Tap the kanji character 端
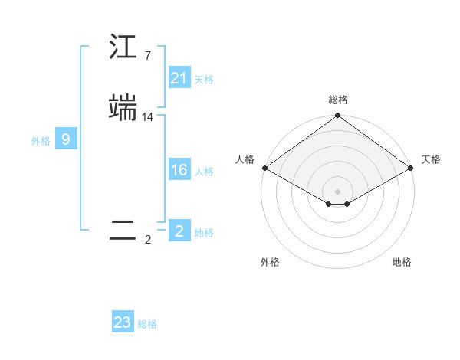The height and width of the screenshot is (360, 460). pyautogui.click(x=123, y=108)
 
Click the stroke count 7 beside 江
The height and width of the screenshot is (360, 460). pyautogui.click(x=147, y=56)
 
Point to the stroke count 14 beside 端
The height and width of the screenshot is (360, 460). pyautogui.click(x=148, y=117)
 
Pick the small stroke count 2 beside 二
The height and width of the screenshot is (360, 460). pyautogui.click(x=147, y=240)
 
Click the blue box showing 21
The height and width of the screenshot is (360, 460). pyautogui.click(x=179, y=78)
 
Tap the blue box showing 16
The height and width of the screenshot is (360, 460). pyautogui.click(x=179, y=170)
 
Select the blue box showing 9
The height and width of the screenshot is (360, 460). pyautogui.click(x=66, y=139)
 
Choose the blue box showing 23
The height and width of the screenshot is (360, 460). pyautogui.click(x=123, y=322)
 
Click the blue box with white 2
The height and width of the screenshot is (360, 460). pyautogui.click(x=179, y=231)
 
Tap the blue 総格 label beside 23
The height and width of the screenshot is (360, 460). pyautogui.click(x=147, y=324)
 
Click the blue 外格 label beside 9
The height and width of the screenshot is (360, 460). pyautogui.click(x=41, y=141)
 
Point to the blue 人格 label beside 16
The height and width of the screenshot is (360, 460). pyautogui.click(x=204, y=172)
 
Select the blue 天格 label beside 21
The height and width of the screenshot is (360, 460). pyautogui.click(x=204, y=80)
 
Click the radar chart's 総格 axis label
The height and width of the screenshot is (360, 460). pyautogui.click(x=337, y=100)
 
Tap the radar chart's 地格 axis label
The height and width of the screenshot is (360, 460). pyautogui.click(x=402, y=262)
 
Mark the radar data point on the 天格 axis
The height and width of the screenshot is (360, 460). pyautogui.click(x=411, y=168)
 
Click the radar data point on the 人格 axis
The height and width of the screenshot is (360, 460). pyautogui.click(x=264, y=168)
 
